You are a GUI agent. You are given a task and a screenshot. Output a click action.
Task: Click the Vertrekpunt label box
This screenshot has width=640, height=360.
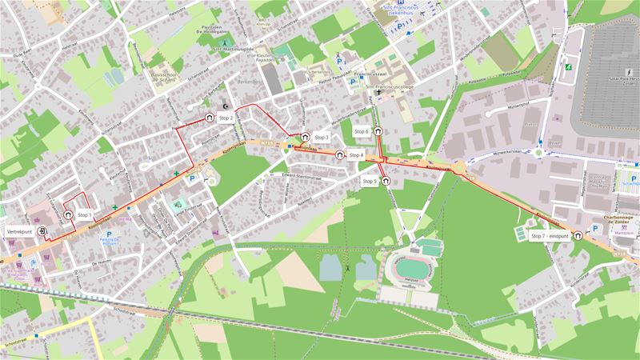pos(19,230)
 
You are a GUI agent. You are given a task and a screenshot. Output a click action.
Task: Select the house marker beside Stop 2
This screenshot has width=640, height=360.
pos(210,117)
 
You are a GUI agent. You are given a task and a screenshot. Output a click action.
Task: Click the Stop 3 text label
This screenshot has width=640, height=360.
pos(322,138)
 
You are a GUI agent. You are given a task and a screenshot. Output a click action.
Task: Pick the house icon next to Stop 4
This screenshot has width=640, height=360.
pos(340,154)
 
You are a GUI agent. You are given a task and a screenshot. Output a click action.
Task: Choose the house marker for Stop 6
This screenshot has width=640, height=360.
pos(376,131)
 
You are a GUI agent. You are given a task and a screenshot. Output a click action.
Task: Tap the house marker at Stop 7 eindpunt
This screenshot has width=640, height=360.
pos(577,235)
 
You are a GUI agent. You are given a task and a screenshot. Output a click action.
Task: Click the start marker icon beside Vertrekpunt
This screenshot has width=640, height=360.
pos(42,230)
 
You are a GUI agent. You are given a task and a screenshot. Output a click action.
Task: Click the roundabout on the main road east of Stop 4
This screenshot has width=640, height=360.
pos(460,168)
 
